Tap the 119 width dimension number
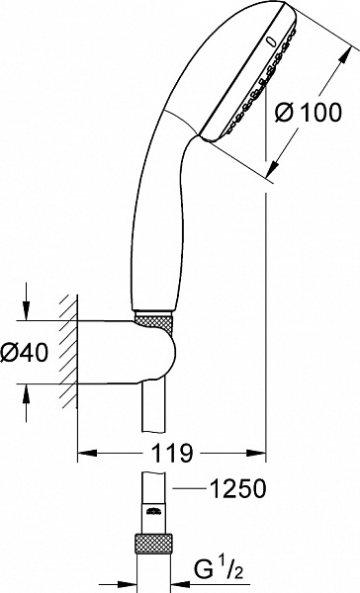tap(173, 456)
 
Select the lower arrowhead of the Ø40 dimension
tap(27, 387)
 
